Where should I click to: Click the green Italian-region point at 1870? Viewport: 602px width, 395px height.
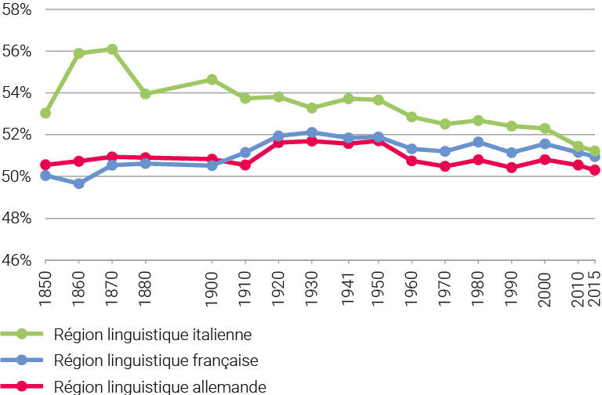pyautogui.click(x=112, y=49)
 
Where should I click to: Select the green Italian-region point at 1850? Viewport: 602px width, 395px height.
pyautogui.click(x=45, y=114)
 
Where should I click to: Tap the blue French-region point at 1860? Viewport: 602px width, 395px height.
pyautogui.click(x=78, y=183)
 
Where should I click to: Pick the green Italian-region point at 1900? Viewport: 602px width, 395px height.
pyautogui.click(x=212, y=79)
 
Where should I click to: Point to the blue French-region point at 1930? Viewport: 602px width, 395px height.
pyautogui.click(x=312, y=132)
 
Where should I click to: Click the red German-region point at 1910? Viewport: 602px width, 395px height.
pyautogui.click(x=245, y=165)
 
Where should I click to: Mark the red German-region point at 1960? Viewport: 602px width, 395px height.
pyautogui.click(x=412, y=161)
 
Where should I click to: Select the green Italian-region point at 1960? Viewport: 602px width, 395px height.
pyautogui.click(x=412, y=117)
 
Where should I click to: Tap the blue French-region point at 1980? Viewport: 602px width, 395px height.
pyautogui.click(x=478, y=142)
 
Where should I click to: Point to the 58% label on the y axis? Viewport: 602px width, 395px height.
pyautogui.click(x=16, y=9)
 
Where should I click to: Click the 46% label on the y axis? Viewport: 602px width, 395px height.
pyautogui.click(x=16, y=260)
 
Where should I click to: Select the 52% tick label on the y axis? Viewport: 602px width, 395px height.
pyautogui.click(x=16, y=135)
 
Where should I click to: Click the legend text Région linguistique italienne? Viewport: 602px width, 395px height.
pyautogui.click(x=153, y=334)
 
